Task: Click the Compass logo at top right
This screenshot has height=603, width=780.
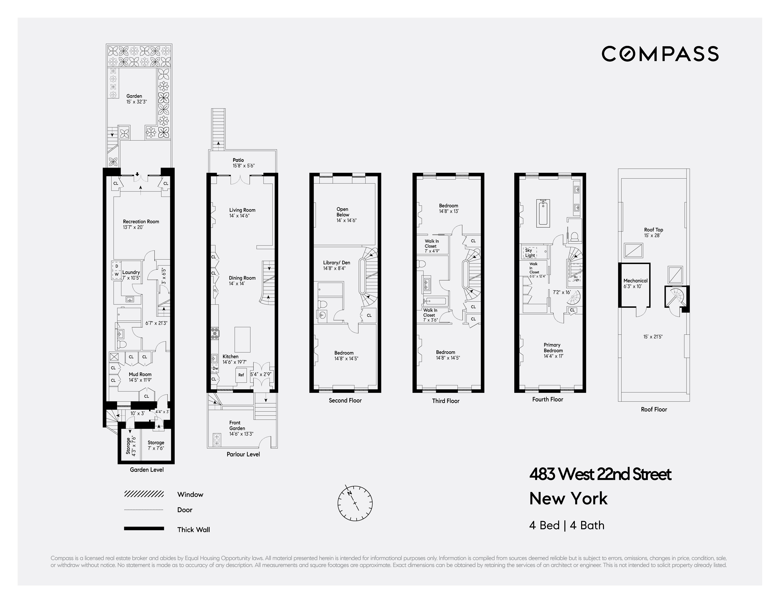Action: click(660, 54)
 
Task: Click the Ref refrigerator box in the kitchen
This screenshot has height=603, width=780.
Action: click(241, 375)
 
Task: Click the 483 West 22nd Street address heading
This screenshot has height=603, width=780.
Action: click(600, 475)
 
